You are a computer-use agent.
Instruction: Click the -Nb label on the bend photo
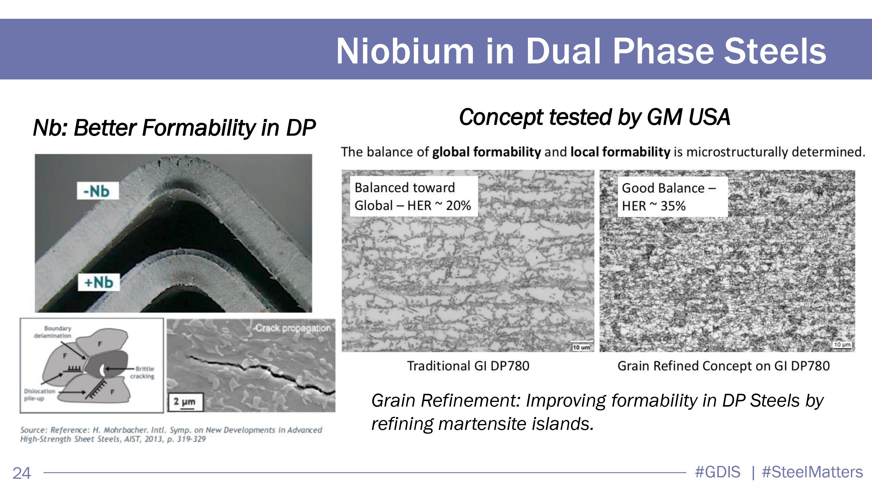click(x=97, y=191)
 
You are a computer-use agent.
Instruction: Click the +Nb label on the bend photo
click(x=99, y=282)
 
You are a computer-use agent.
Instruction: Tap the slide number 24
click(x=22, y=473)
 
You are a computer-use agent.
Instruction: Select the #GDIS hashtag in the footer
click(x=717, y=472)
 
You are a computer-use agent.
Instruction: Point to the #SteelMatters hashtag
click(x=812, y=472)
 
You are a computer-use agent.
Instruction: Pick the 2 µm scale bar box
click(x=185, y=402)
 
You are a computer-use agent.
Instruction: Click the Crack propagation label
click(x=293, y=328)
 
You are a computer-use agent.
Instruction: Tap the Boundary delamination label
click(x=53, y=332)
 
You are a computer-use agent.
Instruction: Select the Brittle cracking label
click(x=142, y=373)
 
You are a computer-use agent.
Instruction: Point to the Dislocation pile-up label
click(x=39, y=394)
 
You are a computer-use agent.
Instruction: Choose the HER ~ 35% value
click(x=654, y=206)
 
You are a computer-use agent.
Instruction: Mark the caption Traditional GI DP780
click(x=468, y=366)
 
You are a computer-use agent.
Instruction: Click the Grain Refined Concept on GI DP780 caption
click(x=724, y=366)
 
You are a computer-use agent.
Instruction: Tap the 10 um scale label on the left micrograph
click(x=581, y=347)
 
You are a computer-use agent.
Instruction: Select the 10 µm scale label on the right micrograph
click(x=842, y=345)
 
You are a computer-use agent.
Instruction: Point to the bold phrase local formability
click(x=620, y=152)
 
